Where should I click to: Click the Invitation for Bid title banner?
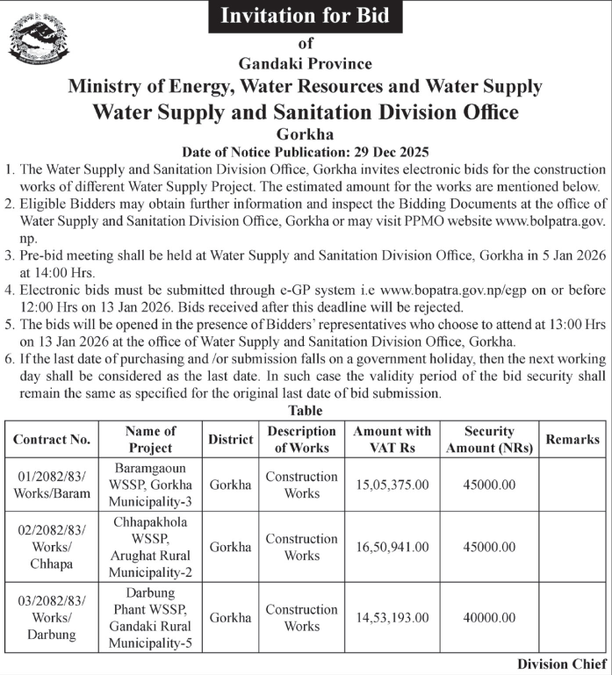coord(306,16)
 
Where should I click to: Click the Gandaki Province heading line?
coord(306,63)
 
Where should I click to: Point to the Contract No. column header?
coord(52,439)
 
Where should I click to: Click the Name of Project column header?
coord(150,439)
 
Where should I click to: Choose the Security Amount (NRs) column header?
coord(488,439)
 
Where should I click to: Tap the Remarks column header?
coord(572,439)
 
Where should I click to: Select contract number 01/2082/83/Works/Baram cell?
coord(52,485)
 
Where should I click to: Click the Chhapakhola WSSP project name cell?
coord(150,547)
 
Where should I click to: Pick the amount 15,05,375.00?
coord(392,485)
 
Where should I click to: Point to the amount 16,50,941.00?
coord(392,547)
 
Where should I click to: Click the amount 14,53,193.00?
coord(392,618)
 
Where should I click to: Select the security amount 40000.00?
coord(488,618)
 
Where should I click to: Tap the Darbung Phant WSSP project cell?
coord(150,618)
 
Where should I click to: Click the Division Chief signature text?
coord(561,664)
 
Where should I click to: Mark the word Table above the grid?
coord(305,411)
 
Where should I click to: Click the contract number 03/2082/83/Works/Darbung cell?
coord(52,618)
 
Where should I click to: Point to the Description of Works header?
coord(302,439)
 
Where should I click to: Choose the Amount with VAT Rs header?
coord(392,439)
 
